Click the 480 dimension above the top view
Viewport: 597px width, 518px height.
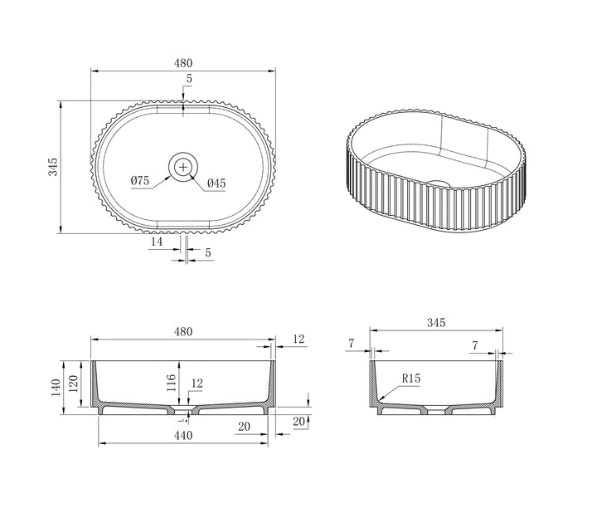(183, 63)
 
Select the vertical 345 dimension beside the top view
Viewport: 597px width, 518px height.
(53, 167)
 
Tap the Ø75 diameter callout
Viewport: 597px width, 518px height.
(140, 180)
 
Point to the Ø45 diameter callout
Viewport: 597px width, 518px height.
(216, 183)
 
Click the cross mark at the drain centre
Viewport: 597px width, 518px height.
(183, 167)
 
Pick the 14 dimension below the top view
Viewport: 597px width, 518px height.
(157, 242)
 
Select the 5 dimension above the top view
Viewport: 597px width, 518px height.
(189, 79)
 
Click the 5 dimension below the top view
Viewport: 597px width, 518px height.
(208, 252)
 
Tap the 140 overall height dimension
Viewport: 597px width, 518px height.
(56, 388)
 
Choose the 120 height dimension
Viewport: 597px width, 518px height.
(74, 384)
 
